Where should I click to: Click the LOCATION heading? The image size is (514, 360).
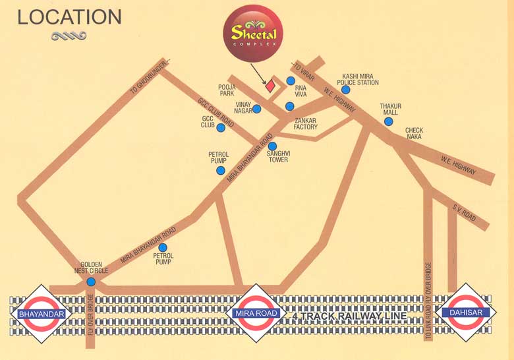69,16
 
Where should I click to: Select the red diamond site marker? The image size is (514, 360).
270,86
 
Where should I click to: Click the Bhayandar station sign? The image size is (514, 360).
42,314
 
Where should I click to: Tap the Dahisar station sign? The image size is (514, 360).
466,313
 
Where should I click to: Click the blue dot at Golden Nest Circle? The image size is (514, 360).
91,282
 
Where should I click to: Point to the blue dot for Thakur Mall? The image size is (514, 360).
388,121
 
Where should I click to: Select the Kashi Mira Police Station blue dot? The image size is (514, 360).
346,90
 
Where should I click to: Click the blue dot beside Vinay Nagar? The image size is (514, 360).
257,109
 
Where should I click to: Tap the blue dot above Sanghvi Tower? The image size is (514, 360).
272,146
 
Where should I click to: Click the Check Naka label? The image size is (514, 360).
414,135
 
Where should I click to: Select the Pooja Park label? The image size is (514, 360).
227,90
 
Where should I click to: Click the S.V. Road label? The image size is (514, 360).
463,212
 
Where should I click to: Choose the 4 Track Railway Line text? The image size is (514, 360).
349,317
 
